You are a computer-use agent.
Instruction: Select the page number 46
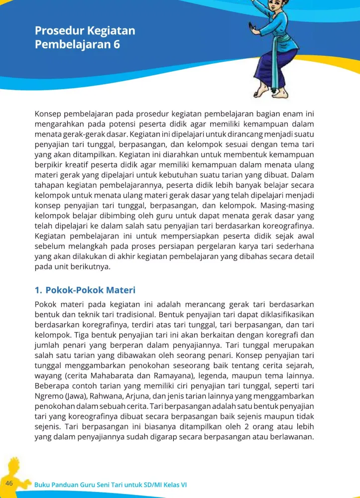click(x=9, y=484)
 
